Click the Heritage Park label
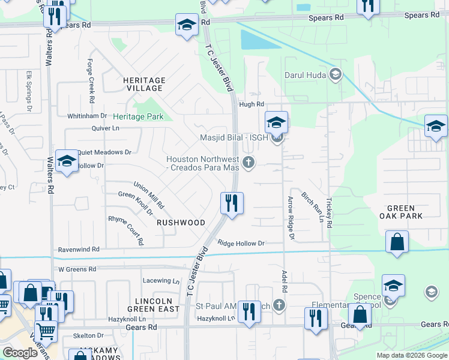(x=138, y=116)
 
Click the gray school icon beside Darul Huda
(x=336, y=75)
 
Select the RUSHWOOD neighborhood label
(x=181, y=223)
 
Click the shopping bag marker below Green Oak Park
(x=397, y=242)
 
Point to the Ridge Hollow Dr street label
(x=241, y=244)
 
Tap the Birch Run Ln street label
(x=312, y=208)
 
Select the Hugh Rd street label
(x=252, y=104)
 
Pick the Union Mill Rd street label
(x=148, y=194)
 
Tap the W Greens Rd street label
(x=77, y=269)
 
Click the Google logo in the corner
(x=20, y=353)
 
